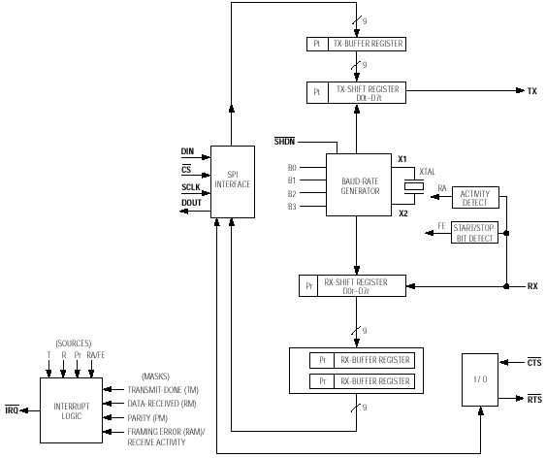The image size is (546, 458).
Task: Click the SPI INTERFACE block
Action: pos(233,181)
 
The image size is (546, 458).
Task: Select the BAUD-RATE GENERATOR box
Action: pos(359,185)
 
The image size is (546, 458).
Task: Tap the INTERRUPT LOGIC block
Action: pos(72,410)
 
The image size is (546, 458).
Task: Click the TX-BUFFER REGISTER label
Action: pos(368,44)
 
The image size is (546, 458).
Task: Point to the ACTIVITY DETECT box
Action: pos(475,198)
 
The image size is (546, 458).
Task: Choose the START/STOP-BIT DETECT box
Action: pos(474,232)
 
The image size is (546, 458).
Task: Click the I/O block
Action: pos(480,379)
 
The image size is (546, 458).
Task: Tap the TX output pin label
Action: pos(532,91)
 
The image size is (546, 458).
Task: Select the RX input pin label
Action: pos(532,286)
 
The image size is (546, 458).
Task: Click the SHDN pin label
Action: pos(284,142)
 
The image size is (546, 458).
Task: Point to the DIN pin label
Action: pos(187,151)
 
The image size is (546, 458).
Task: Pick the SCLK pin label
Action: pos(191,187)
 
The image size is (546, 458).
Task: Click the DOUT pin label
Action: pos(191,203)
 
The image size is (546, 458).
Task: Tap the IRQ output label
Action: pos(12,410)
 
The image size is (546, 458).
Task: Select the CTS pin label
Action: pos(534,363)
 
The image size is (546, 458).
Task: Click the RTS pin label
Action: pos(534,399)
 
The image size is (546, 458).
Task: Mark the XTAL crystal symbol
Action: pos(414,186)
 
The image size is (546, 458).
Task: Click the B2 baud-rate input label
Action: pos(292,194)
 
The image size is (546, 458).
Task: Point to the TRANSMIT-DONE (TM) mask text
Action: pos(163,390)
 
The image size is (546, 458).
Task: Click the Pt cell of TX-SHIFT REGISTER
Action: pos(317,92)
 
